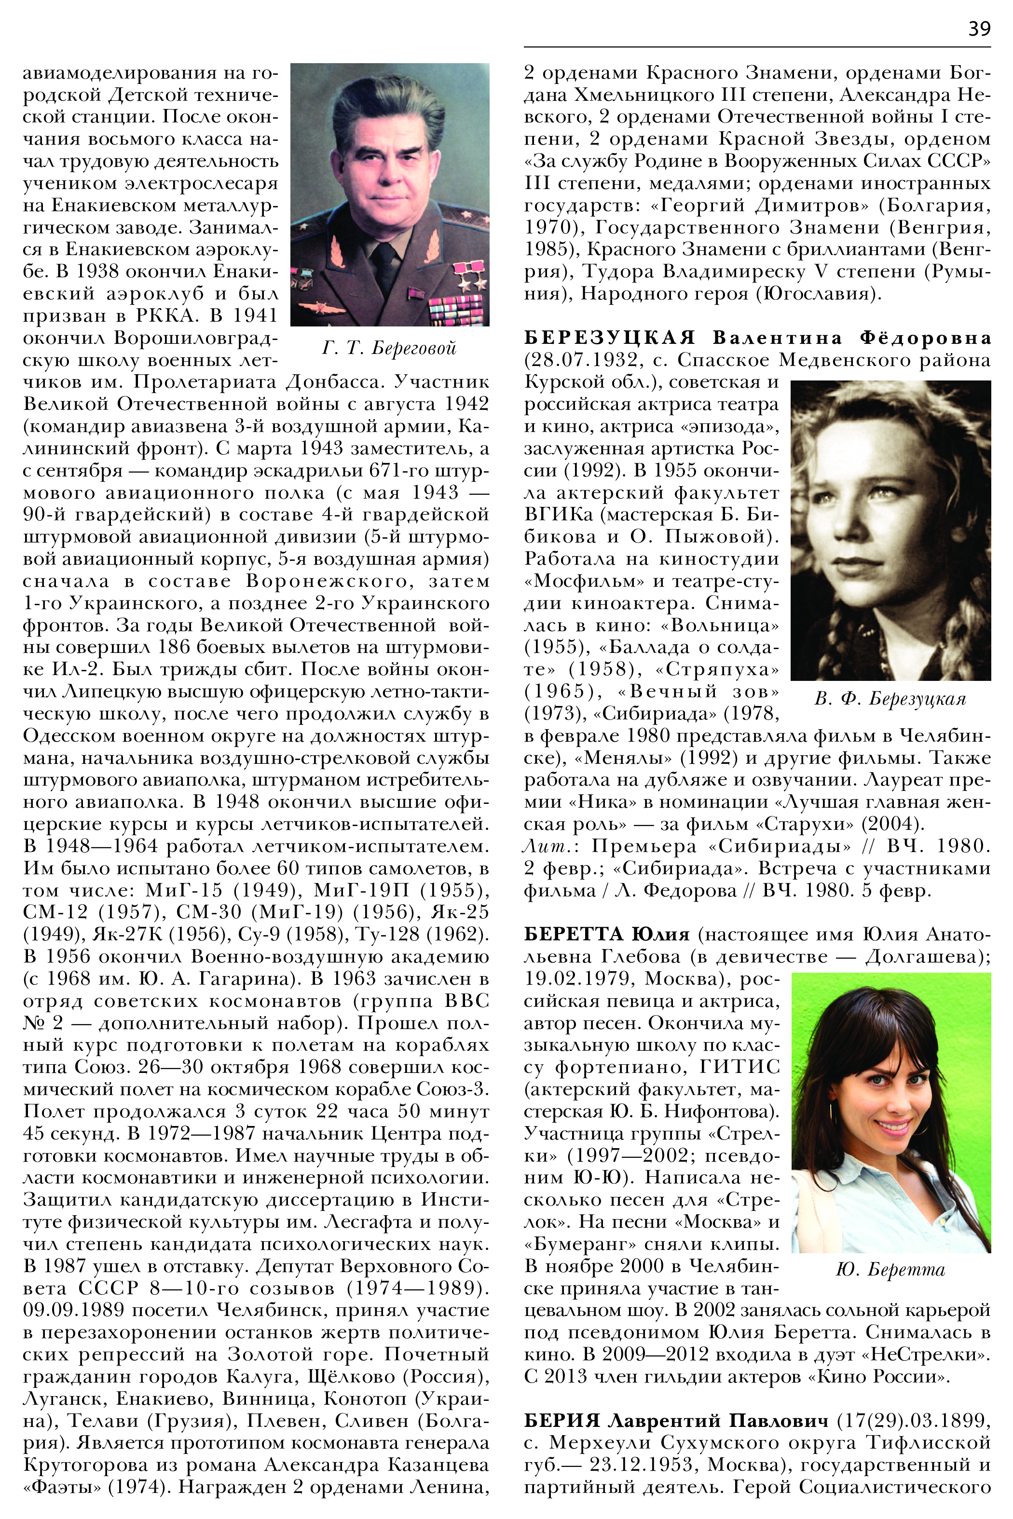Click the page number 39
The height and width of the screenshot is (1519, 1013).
[979, 29]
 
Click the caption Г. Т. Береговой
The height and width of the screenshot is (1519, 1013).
[389, 348]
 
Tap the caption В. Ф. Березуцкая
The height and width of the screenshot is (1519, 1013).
[890, 699]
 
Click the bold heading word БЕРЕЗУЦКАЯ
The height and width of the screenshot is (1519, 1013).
[609, 338]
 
